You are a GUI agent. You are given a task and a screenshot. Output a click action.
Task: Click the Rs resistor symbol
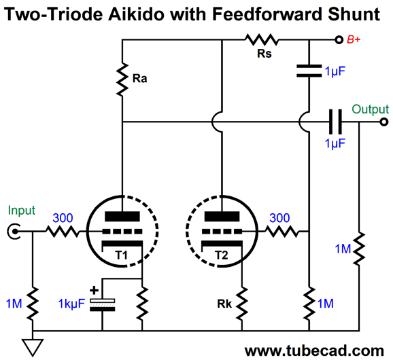[262, 39]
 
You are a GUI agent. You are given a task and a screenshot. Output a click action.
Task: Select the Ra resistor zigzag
[122, 79]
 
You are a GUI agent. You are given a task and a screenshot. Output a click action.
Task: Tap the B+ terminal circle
[339, 39]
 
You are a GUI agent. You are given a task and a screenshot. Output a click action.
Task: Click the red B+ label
[354, 39]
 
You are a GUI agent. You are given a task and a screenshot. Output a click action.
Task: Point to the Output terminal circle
[383, 122]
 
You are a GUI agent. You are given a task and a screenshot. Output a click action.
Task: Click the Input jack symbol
[14, 232]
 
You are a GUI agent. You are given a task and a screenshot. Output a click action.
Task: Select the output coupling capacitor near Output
[335, 122]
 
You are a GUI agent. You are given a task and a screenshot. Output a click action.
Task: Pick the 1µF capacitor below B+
[309, 71]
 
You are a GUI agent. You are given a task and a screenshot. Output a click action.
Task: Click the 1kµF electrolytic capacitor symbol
[102, 305]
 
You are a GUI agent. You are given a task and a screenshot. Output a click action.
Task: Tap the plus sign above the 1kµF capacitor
[95, 291]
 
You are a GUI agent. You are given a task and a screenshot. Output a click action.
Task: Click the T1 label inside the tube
[122, 255]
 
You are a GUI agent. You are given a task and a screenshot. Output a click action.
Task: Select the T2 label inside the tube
[222, 255]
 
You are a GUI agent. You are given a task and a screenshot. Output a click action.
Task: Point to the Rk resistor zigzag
[242, 304]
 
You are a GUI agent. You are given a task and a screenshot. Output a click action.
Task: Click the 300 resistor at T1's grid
[63, 232]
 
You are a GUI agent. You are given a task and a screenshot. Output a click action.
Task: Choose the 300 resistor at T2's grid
[282, 232]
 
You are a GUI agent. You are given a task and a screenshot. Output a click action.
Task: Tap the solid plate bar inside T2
[222, 217]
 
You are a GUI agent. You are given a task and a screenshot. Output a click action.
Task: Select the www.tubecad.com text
[314, 350]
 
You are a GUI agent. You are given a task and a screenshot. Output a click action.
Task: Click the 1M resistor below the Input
[33, 304]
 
